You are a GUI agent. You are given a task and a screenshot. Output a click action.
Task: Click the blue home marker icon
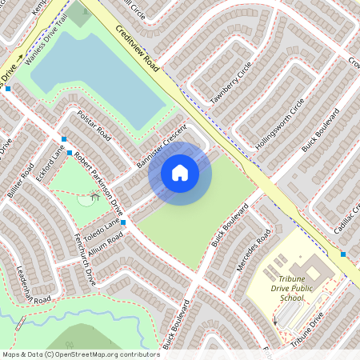[x=180, y=173]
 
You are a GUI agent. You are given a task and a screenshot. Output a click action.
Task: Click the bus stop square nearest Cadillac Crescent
[x=342, y=254]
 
